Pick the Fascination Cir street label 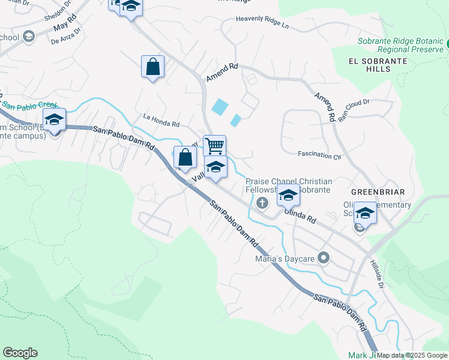(319, 155)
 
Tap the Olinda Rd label (300, 215)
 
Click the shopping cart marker (214, 146)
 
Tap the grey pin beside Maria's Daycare (324, 259)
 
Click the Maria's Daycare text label (284, 259)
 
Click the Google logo (20, 353)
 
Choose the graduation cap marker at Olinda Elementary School (364, 213)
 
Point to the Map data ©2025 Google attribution (412, 355)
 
